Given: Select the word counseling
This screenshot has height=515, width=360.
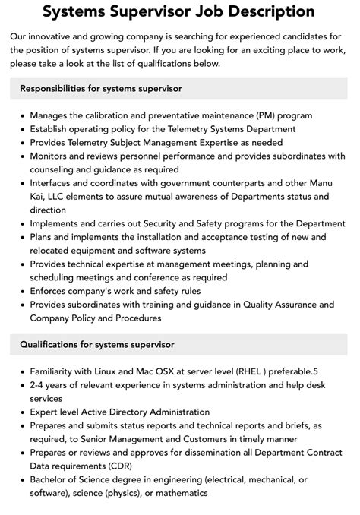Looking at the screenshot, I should [x=56, y=169].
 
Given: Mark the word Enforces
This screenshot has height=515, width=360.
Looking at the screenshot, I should [x=54, y=291].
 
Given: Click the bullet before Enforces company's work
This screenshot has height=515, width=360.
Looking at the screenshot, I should [x=21, y=291].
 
